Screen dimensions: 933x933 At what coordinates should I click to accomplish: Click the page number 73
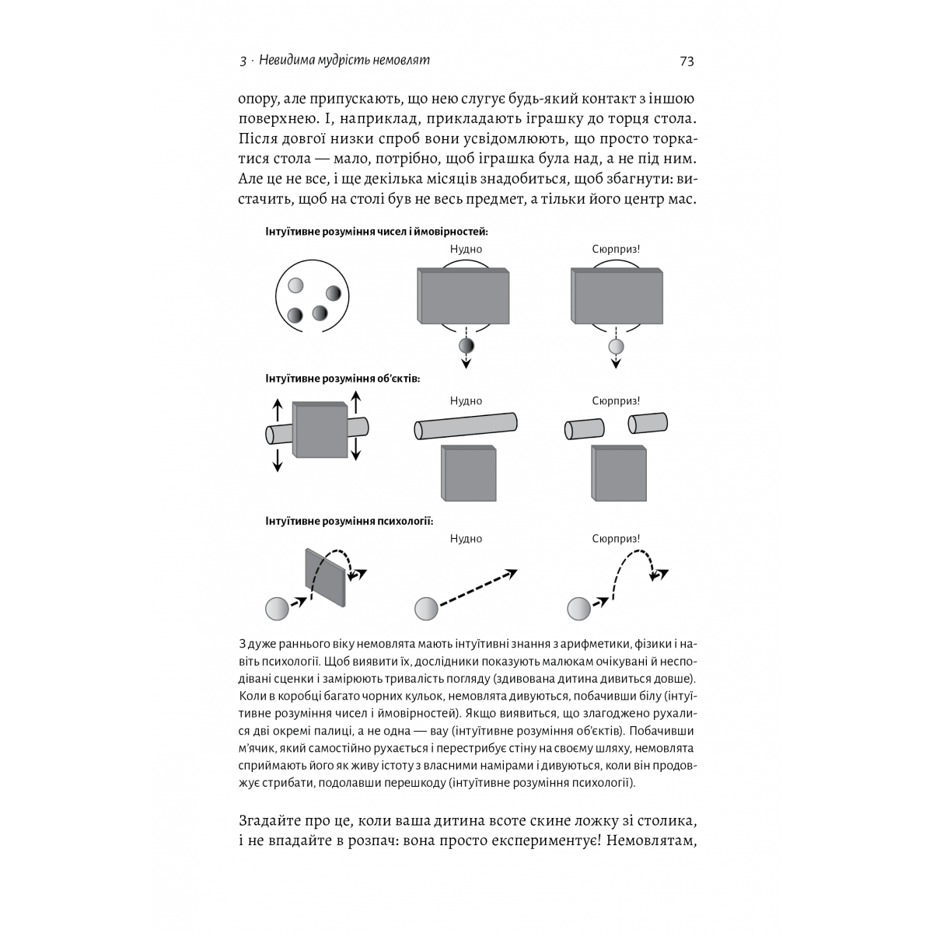(686, 61)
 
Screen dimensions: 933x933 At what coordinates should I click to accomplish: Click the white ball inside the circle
(295, 286)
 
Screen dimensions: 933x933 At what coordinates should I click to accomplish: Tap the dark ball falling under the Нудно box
(466, 346)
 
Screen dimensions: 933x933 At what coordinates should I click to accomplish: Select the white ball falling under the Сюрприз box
(616, 346)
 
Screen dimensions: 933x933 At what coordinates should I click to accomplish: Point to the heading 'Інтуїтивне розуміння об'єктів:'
(343, 379)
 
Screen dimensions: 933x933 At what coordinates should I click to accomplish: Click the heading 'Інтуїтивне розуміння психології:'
(349, 520)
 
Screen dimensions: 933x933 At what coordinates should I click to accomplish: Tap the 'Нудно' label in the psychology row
(466, 538)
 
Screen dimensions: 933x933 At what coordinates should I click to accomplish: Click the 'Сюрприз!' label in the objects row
(616, 401)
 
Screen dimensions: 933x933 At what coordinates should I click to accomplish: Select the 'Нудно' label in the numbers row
(466, 249)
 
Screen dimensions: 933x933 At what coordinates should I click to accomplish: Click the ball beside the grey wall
(276, 608)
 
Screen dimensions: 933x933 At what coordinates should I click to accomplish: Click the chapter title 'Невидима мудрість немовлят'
(344, 61)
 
